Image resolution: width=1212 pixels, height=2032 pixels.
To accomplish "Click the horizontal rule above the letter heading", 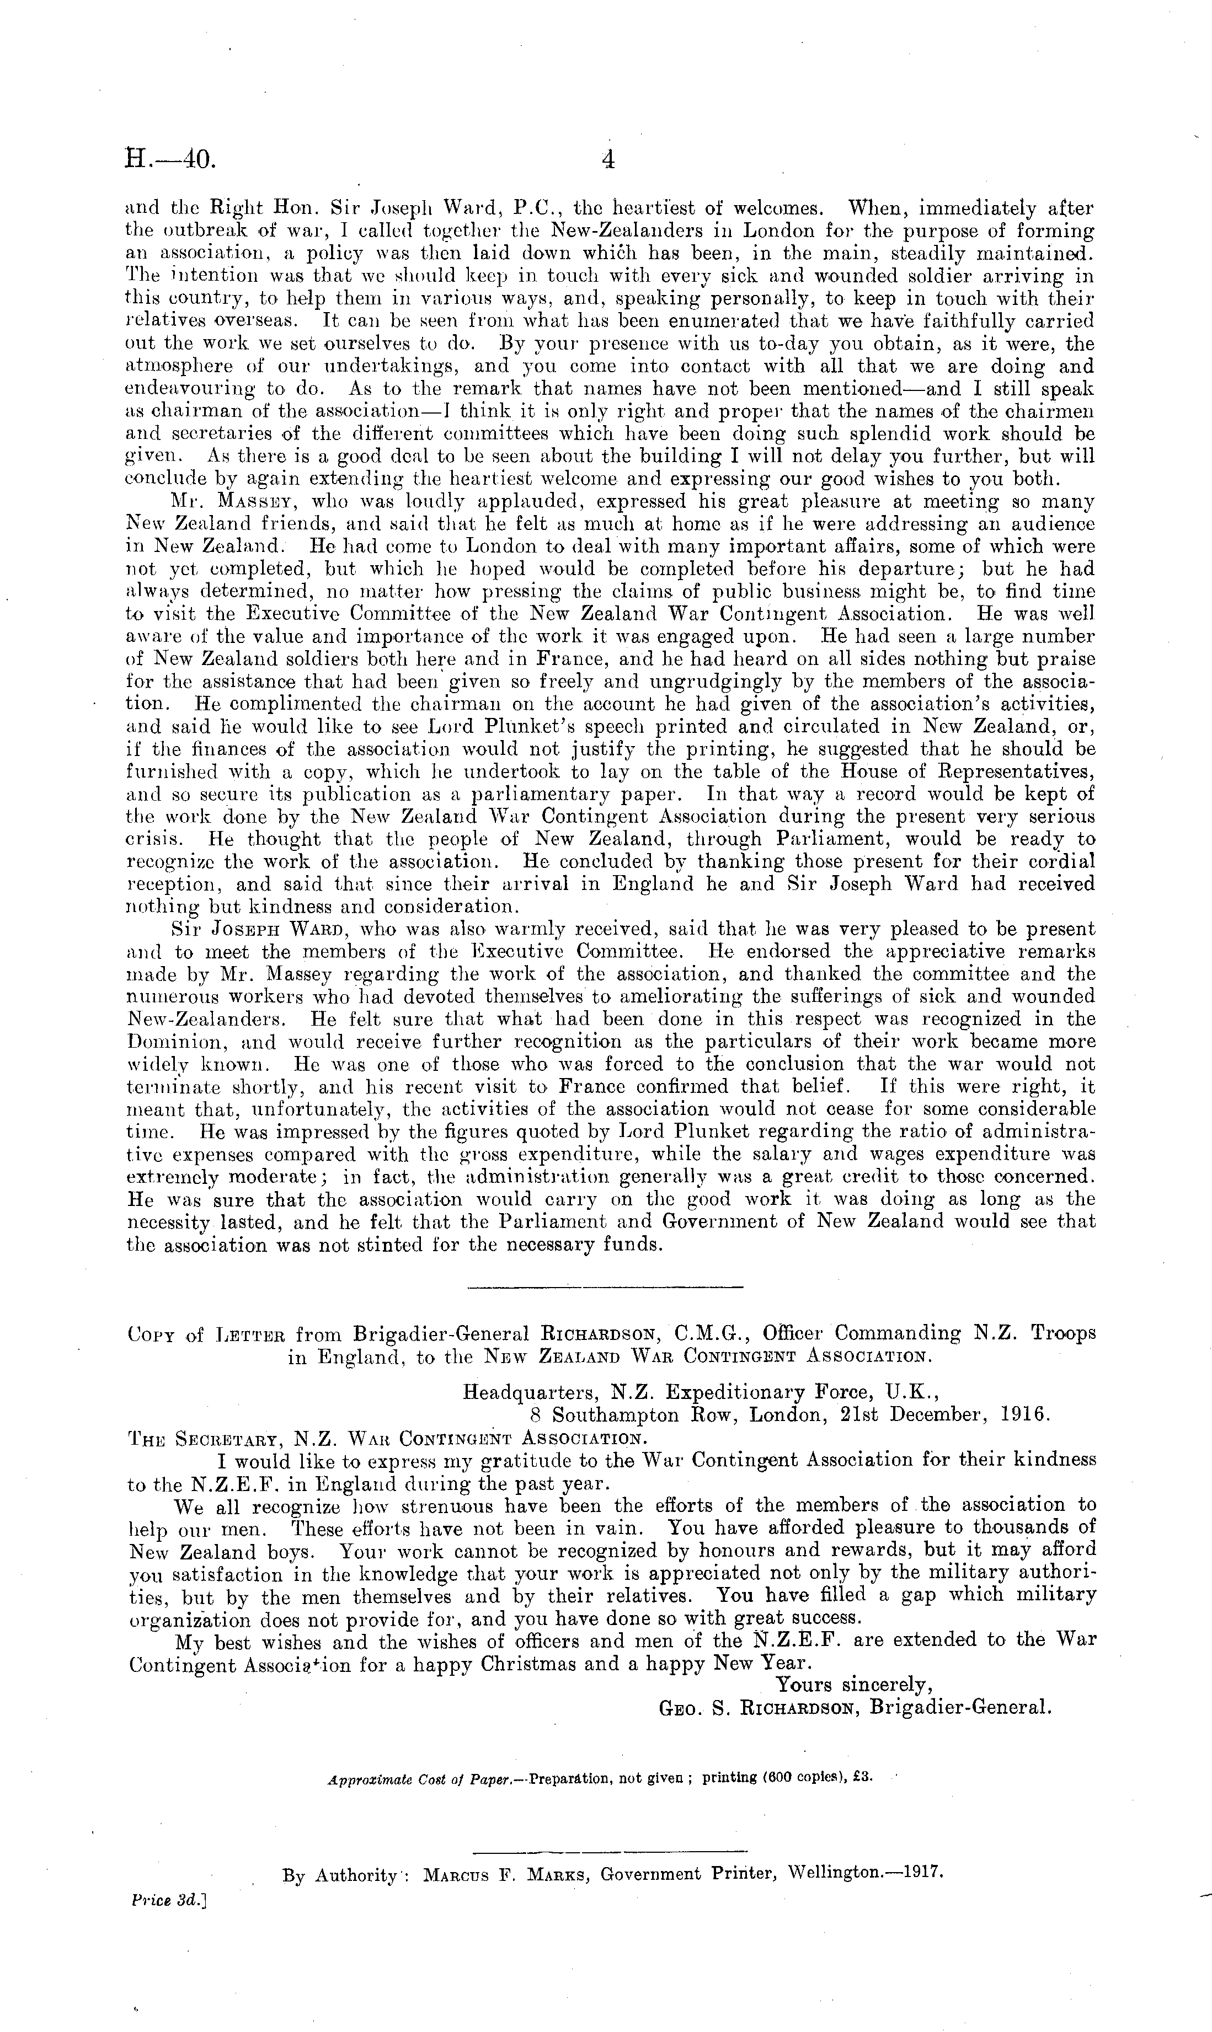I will (x=605, y=1288).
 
